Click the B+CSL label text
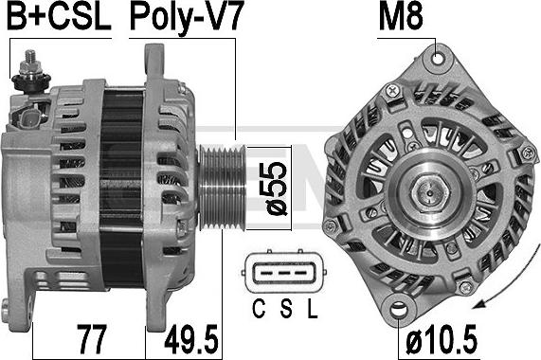(59, 16)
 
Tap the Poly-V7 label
(187, 17)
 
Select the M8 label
(401, 16)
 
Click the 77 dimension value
(91, 339)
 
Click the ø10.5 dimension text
(442, 339)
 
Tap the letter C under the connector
(259, 309)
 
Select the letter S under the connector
(286, 309)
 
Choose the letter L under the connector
(312, 309)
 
